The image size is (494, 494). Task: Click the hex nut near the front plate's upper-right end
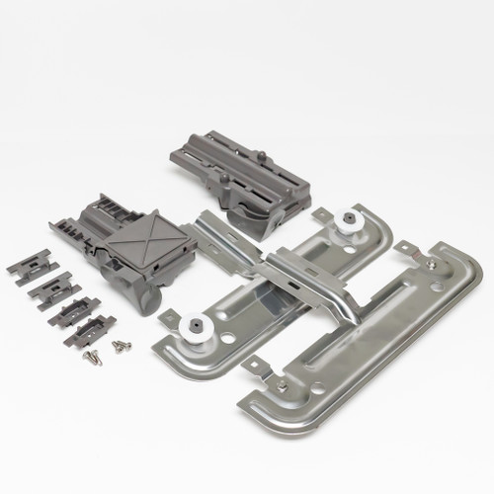pyautogui.click(x=427, y=263)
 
